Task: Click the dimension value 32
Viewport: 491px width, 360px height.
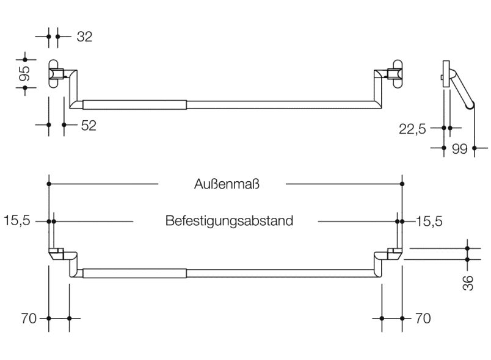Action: coord(84,37)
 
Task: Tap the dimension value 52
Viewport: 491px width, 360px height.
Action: coord(89,125)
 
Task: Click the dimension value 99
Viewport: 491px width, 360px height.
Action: coord(460,148)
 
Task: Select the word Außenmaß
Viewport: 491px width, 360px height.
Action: coord(222,184)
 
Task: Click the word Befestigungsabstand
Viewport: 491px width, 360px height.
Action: coord(229,221)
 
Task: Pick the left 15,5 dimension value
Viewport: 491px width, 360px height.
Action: coord(16,221)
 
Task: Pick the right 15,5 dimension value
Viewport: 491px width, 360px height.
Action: coord(429,221)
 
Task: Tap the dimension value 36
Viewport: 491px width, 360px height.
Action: coord(468,282)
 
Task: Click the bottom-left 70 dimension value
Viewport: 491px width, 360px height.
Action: coord(29,319)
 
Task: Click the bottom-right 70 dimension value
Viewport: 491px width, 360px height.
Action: coord(423,319)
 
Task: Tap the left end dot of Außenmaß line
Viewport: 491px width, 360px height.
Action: coord(49,184)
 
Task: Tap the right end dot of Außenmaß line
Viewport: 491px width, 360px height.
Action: coord(402,184)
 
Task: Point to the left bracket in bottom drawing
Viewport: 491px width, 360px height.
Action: coord(61,256)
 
